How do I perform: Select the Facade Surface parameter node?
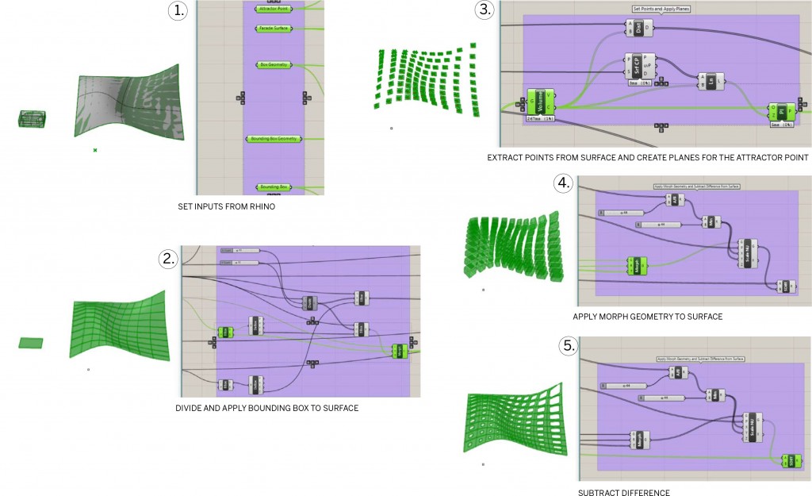pos(274,28)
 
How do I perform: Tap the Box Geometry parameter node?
pos(274,64)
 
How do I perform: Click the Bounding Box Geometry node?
pos(274,139)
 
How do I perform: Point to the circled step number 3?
pos(483,10)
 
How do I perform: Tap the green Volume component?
pos(539,102)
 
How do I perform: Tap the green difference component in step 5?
pos(791,460)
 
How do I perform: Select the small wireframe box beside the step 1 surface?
pos(33,119)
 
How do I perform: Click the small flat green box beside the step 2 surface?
pos(30,343)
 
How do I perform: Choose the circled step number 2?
pos(167,258)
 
